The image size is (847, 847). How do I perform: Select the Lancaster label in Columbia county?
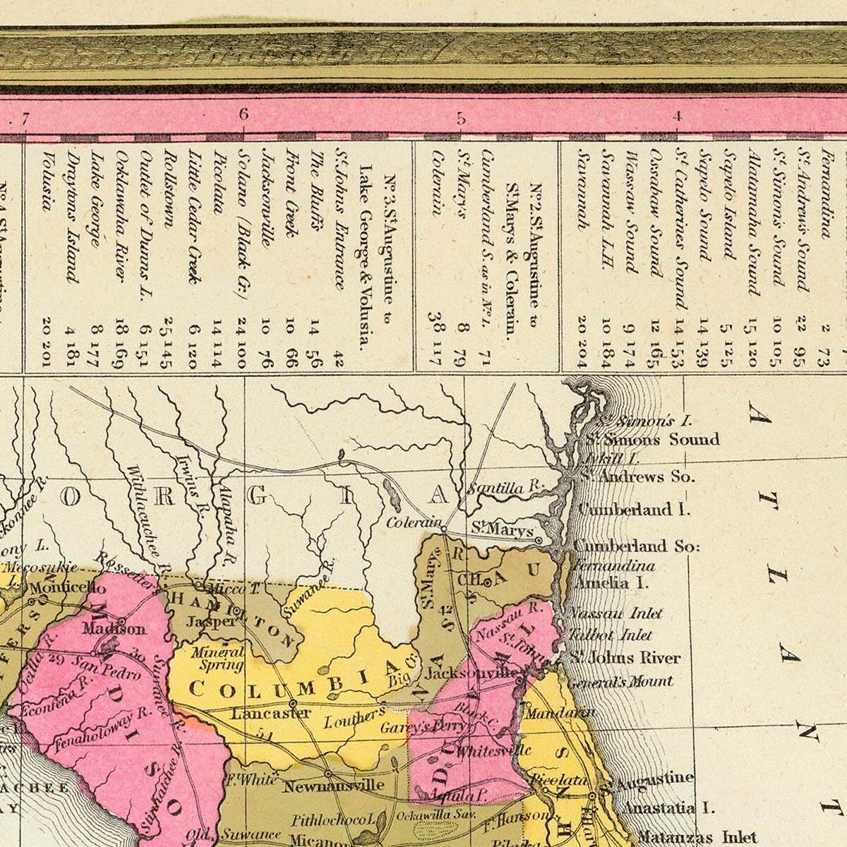[270, 713]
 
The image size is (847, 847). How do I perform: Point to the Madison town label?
[114, 628]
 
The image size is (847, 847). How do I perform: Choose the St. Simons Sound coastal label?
[653, 440]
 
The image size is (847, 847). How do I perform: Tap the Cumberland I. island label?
[633, 509]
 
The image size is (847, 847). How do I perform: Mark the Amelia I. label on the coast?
[611, 583]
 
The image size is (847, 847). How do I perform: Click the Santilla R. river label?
[507, 488]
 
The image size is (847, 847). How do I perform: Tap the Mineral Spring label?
[221, 659]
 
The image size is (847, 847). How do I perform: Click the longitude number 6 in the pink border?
[244, 114]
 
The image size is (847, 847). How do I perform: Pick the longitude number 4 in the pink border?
[677, 116]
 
